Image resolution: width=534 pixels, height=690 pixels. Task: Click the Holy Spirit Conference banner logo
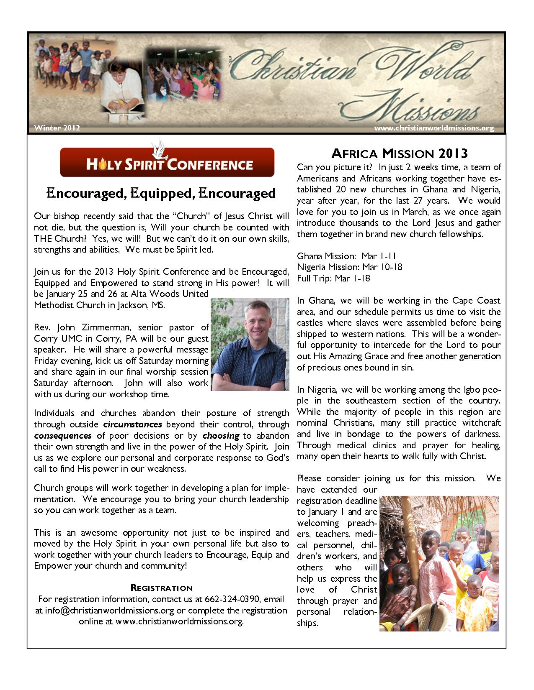(167, 163)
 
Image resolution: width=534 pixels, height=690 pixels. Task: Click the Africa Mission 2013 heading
(399, 153)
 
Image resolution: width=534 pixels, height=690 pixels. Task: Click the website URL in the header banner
(434, 128)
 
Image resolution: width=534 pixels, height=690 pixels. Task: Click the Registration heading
(162, 588)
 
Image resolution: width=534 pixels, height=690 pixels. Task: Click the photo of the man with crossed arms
(250, 344)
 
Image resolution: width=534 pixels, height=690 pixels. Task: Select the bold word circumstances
(132, 424)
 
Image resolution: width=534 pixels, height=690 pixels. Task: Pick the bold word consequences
(63, 436)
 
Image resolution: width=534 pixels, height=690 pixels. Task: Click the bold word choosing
(221, 436)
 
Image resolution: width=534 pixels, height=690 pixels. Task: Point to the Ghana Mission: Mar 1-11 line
(346, 256)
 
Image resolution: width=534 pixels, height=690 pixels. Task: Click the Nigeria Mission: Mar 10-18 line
(350, 267)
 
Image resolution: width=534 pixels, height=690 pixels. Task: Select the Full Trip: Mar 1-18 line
(333, 278)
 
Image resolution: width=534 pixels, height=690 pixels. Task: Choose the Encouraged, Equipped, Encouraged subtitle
(161, 193)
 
